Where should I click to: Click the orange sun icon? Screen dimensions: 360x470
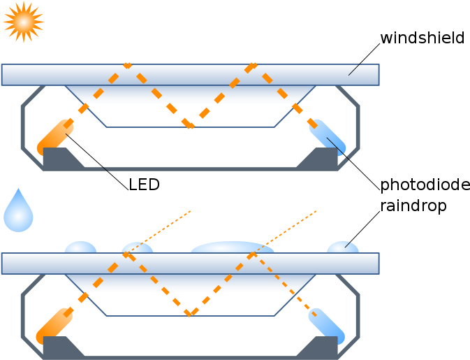[x=24, y=22]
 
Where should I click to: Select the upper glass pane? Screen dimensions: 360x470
[x=190, y=75]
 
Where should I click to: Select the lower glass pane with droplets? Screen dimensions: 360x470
[x=190, y=264]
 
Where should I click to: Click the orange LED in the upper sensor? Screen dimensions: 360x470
[x=56, y=137]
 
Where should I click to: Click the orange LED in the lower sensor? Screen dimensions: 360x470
[x=54, y=326]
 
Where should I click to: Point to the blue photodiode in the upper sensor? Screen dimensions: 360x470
[x=327, y=136]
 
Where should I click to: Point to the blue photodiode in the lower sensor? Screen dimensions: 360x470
[x=326, y=324]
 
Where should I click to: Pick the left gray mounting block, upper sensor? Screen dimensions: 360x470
[x=60, y=158]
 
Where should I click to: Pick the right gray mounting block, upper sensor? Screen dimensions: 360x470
[x=320, y=159]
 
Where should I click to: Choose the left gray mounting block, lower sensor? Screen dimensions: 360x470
[x=60, y=347]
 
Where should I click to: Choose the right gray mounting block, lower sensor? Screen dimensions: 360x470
[x=320, y=347]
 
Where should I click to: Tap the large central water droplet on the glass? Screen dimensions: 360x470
[x=232, y=247]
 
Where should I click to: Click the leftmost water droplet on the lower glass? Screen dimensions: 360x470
[x=80, y=247]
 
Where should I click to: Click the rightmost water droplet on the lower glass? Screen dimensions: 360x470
[x=342, y=247]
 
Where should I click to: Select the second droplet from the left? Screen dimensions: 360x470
[x=137, y=248]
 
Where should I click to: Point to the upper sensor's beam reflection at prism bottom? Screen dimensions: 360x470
[x=190, y=127]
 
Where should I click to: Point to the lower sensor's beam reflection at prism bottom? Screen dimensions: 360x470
[x=189, y=313]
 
